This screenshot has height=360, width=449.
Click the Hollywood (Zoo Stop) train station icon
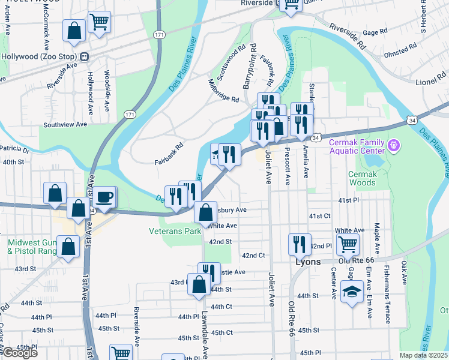(84, 56)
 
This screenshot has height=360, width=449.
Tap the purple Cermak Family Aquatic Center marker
(394, 145)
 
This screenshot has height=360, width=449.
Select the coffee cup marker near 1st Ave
(105, 197)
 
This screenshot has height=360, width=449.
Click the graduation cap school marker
(351, 292)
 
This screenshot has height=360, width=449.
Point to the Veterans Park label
(175, 231)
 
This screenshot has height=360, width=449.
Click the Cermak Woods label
(363, 178)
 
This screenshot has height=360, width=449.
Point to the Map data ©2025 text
(423, 355)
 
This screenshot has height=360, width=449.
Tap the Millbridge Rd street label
(223, 91)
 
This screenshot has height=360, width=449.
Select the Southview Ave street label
(65, 125)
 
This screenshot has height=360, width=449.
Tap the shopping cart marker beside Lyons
(348, 244)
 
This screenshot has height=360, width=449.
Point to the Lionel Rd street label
(430, 81)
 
